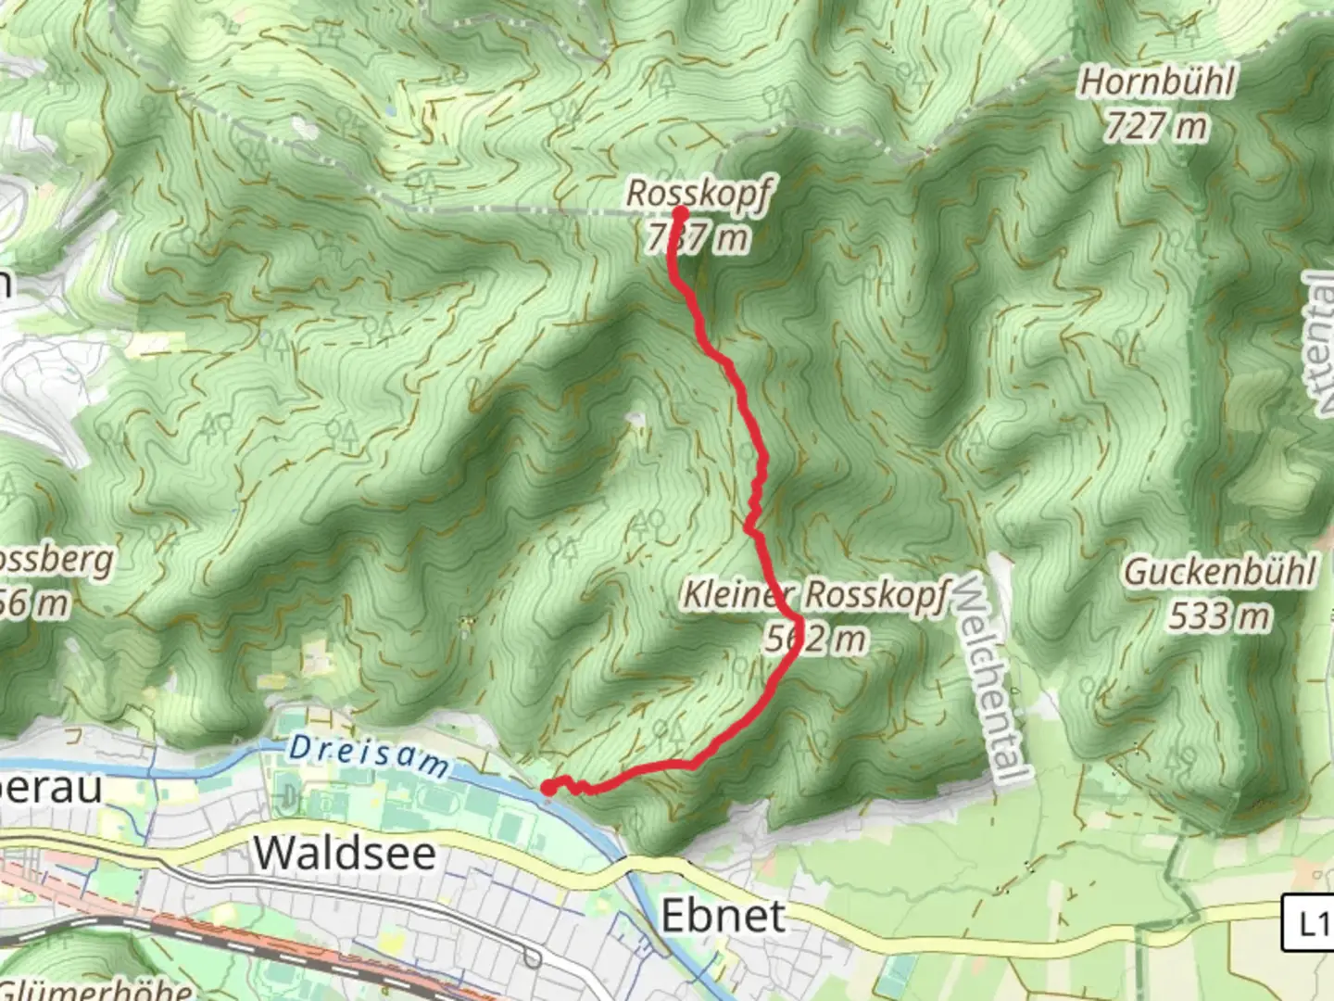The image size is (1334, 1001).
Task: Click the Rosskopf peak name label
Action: click(698, 194)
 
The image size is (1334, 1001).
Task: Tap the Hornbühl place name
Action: click(1157, 82)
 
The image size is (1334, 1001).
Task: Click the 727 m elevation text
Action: click(1155, 125)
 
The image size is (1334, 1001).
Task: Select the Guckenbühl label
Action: click(1219, 571)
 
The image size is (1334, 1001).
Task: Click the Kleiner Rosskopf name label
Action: click(815, 595)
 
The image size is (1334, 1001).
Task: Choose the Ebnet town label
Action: click(723, 916)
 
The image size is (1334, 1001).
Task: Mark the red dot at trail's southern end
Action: click(547, 789)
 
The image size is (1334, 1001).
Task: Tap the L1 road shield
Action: click(1308, 923)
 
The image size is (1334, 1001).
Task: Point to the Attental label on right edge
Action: click(1320, 343)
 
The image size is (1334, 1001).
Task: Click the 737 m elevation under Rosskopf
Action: click(698, 238)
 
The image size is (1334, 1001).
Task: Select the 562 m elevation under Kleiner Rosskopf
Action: click(815, 639)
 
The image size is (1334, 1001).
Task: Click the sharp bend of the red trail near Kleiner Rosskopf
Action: click(797, 619)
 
